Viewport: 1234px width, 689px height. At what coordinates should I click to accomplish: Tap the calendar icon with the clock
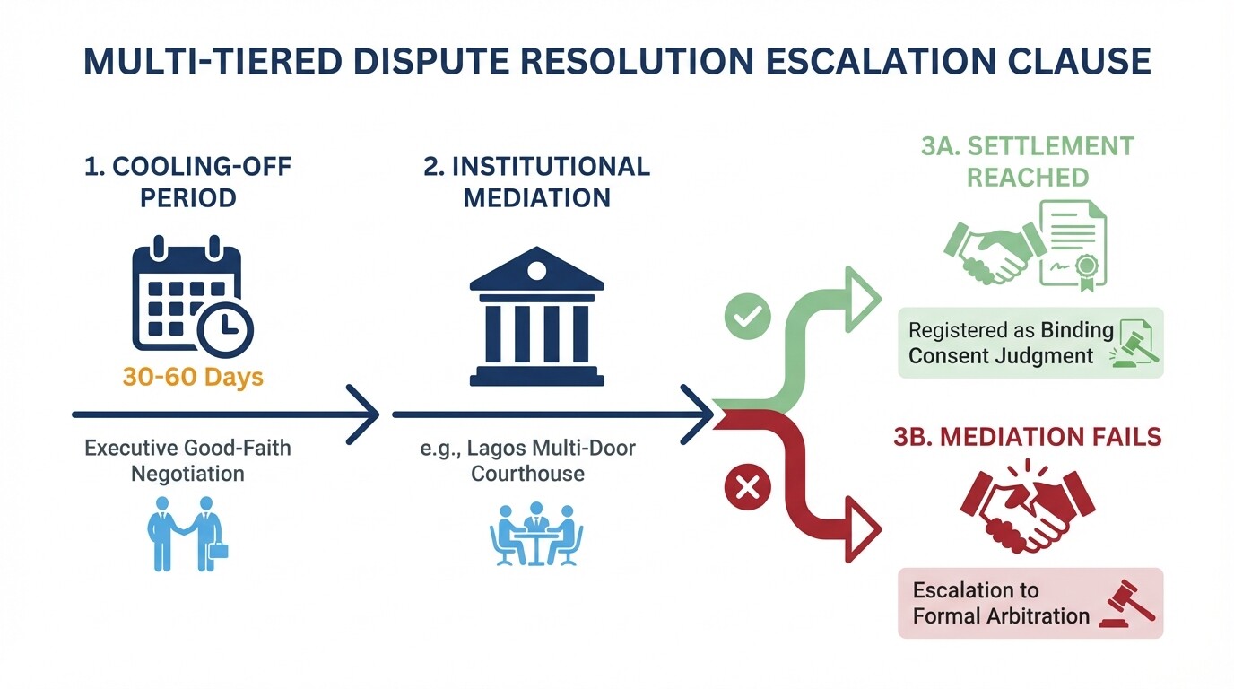(191, 297)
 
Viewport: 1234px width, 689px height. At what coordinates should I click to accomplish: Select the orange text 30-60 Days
(193, 376)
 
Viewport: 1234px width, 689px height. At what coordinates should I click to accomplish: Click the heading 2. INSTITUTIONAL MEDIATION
(536, 181)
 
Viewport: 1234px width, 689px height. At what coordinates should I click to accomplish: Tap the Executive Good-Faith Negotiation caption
(187, 459)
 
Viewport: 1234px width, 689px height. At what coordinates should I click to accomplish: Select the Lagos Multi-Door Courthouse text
(527, 459)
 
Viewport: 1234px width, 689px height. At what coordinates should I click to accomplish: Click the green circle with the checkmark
(747, 316)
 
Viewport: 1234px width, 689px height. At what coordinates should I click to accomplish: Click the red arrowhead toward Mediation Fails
(864, 530)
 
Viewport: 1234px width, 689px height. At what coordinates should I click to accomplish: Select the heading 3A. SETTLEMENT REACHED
(1028, 161)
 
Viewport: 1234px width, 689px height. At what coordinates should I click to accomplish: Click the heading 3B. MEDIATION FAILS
(1028, 437)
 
